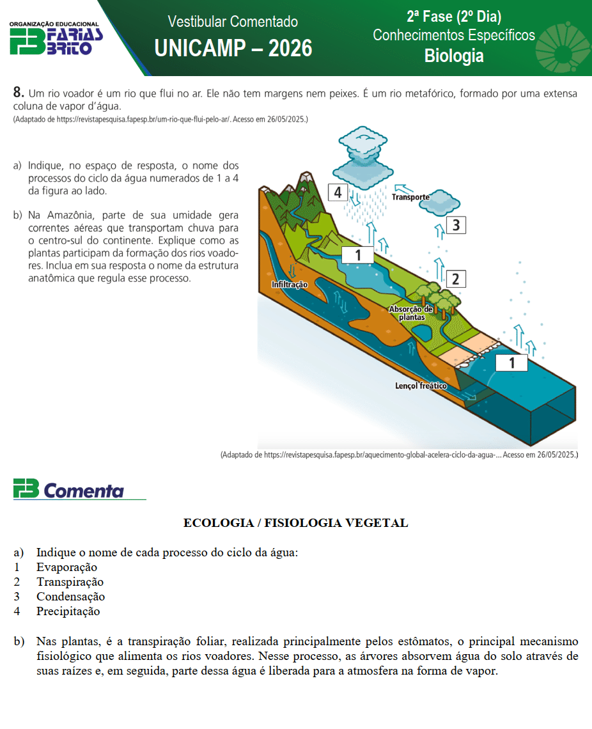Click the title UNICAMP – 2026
tap(233, 48)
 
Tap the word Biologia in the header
tap(454, 56)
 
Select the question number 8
tap(19, 93)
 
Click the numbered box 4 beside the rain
tap(338, 192)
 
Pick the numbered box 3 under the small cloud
tap(455, 225)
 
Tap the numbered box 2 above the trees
tap(455, 279)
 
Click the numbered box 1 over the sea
tap(511, 363)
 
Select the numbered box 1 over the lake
tap(358, 255)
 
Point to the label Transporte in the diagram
tap(410, 198)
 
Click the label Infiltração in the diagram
tap(290, 284)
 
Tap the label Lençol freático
tap(421, 386)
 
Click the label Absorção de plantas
tap(411, 313)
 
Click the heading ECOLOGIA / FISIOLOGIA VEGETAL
tap(295, 523)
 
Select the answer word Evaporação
tap(66, 567)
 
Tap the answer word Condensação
tap(70, 597)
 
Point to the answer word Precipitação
tap(68, 611)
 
